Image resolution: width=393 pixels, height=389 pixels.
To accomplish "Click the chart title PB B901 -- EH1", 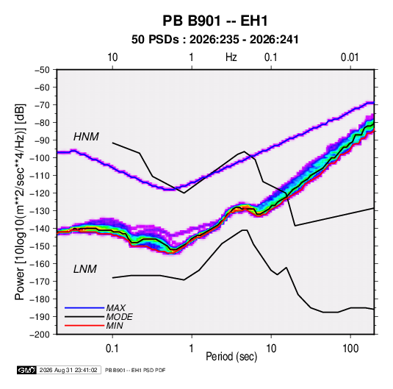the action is coord(215,21).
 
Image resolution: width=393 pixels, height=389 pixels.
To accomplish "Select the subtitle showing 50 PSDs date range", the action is coord(215,40).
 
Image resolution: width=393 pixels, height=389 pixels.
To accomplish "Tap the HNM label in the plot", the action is coord(86,137).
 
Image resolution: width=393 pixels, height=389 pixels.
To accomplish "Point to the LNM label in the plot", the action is coord(85,269).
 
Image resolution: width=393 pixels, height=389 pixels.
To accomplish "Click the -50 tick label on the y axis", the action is coord(42,70).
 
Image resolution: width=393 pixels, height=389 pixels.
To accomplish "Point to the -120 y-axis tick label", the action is coord(40,193).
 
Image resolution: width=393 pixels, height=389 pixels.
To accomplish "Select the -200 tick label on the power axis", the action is coord(40,335).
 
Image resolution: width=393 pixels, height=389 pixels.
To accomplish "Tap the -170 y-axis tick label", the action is coord(40,282).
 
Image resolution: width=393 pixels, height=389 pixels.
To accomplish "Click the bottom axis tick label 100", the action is coord(350,349).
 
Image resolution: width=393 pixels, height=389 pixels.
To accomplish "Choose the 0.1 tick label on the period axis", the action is coord(112,349).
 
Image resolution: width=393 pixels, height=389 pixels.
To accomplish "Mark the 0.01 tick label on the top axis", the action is coord(350,57).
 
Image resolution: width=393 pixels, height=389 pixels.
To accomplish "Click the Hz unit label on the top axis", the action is coord(231,57).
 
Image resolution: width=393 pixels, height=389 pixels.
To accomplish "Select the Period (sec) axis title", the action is coord(231,357).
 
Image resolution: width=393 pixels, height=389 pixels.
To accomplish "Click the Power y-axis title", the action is coord(20,201).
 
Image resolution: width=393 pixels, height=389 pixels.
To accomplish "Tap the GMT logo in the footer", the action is coord(26,370).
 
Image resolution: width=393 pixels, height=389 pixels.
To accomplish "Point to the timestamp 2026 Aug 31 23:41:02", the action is coord(68,370).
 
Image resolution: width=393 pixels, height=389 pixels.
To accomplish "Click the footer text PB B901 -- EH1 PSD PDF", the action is coord(135,370).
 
